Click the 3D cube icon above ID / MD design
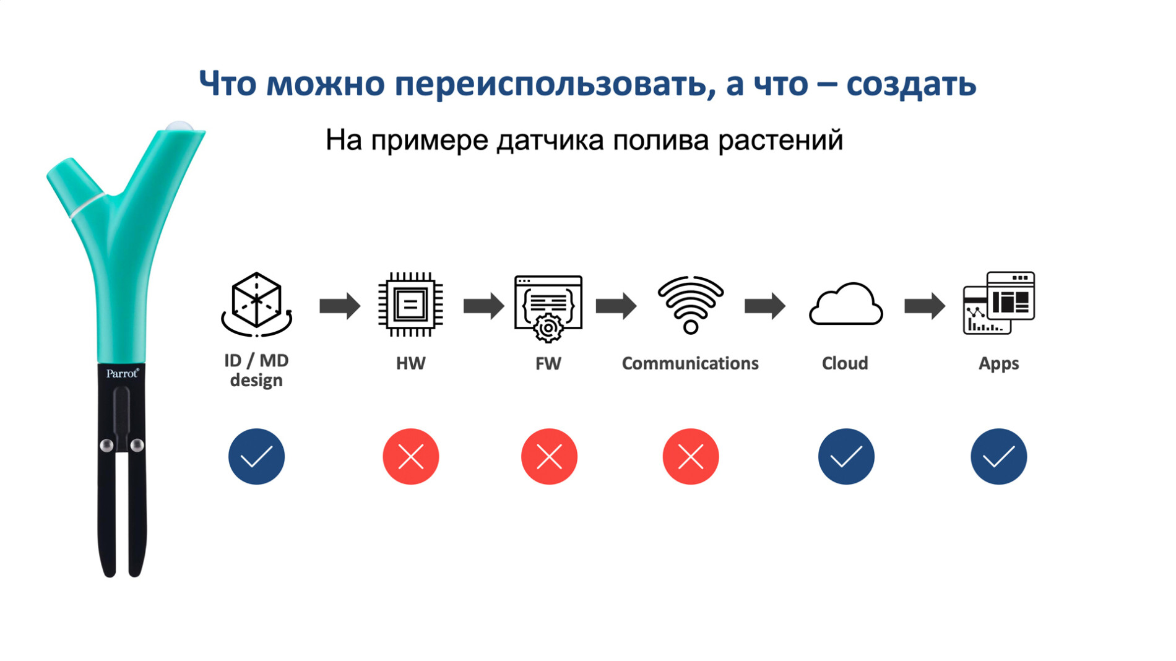click(x=256, y=305)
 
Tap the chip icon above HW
click(x=410, y=305)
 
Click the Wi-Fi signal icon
click(x=691, y=305)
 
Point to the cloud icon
click(x=845, y=303)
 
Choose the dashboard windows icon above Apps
click(x=999, y=303)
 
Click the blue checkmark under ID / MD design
click(x=256, y=457)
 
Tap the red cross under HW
click(x=411, y=457)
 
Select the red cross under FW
click(x=549, y=457)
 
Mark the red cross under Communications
click(x=691, y=457)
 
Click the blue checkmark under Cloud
click(x=846, y=457)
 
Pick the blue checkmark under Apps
click(x=998, y=457)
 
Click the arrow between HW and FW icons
click(x=484, y=306)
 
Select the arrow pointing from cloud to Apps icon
click(x=925, y=306)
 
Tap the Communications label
click(x=690, y=363)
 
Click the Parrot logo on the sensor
click(x=123, y=373)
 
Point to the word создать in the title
click(x=911, y=84)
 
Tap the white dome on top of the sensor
click(x=180, y=126)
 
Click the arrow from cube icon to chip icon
click(x=340, y=306)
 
